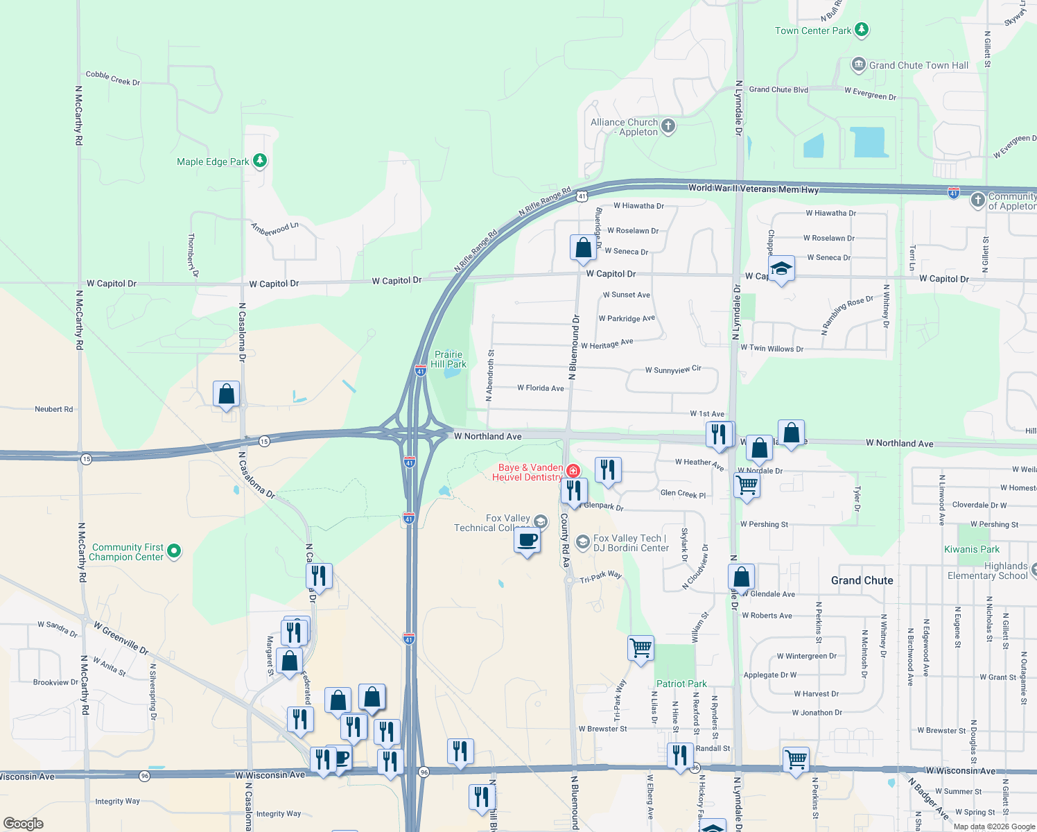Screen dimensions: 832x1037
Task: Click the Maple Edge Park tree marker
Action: click(260, 161)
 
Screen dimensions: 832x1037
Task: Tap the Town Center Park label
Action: click(812, 31)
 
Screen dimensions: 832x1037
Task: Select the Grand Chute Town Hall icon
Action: click(859, 65)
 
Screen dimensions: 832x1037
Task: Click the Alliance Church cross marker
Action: click(668, 125)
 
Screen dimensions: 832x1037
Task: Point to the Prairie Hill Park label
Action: click(448, 359)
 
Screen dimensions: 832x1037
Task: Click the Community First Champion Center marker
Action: click(175, 551)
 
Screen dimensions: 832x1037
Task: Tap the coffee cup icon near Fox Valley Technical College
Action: click(528, 540)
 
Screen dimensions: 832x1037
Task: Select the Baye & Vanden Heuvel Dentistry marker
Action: click(573, 471)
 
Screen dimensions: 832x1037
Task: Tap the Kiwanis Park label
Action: click(972, 549)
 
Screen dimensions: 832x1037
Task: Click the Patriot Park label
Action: click(681, 684)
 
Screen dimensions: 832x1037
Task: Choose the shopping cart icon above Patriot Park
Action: click(640, 648)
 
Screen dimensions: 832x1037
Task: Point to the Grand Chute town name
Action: click(862, 580)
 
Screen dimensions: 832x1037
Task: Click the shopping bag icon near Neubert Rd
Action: click(226, 394)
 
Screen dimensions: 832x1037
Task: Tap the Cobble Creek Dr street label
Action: click(112, 78)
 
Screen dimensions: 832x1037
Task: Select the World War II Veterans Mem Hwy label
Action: click(753, 189)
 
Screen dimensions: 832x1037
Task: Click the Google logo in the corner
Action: click(24, 824)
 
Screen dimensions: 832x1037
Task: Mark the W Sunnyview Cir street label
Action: click(672, 370)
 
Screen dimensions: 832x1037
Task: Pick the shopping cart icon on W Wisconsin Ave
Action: click(795, 759)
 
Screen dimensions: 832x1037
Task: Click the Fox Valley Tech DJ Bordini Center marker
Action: click(583, 541)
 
